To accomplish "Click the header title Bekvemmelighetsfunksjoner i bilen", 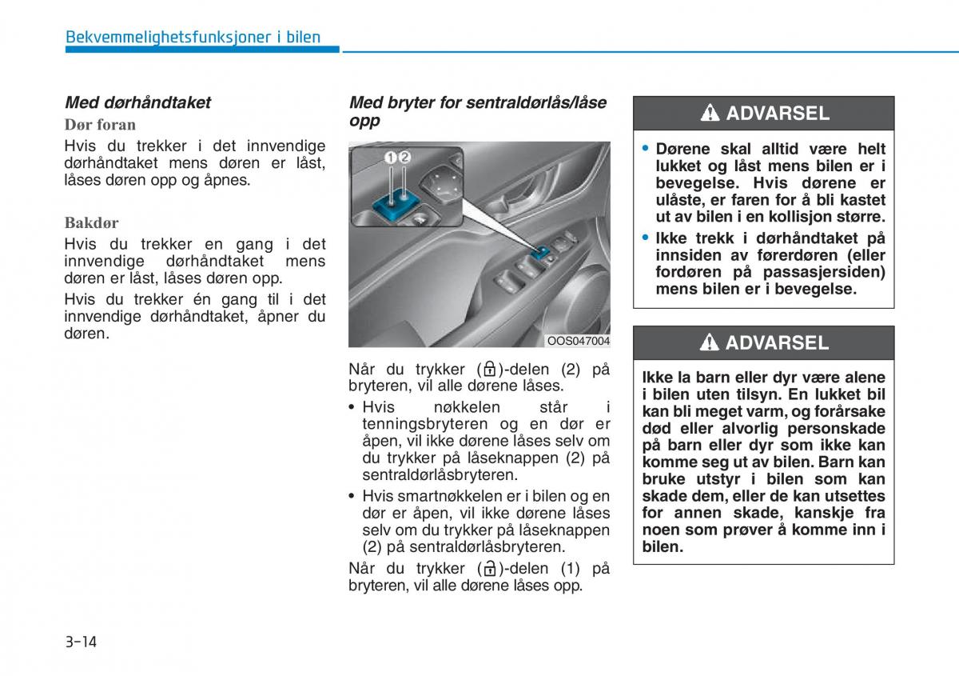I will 193,37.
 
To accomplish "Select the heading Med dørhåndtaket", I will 137,102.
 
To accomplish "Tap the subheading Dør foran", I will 100,125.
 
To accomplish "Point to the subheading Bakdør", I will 91,223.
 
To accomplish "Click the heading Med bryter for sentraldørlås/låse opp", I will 477,111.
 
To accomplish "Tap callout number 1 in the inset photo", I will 391,158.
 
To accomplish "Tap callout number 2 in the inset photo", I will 404,158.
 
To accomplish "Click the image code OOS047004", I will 578,341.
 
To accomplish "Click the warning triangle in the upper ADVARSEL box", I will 710,114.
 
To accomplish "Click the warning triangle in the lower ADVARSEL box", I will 710,343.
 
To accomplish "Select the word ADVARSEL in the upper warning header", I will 778,114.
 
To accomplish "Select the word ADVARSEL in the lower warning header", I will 778,343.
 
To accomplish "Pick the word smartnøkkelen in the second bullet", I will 457,496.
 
